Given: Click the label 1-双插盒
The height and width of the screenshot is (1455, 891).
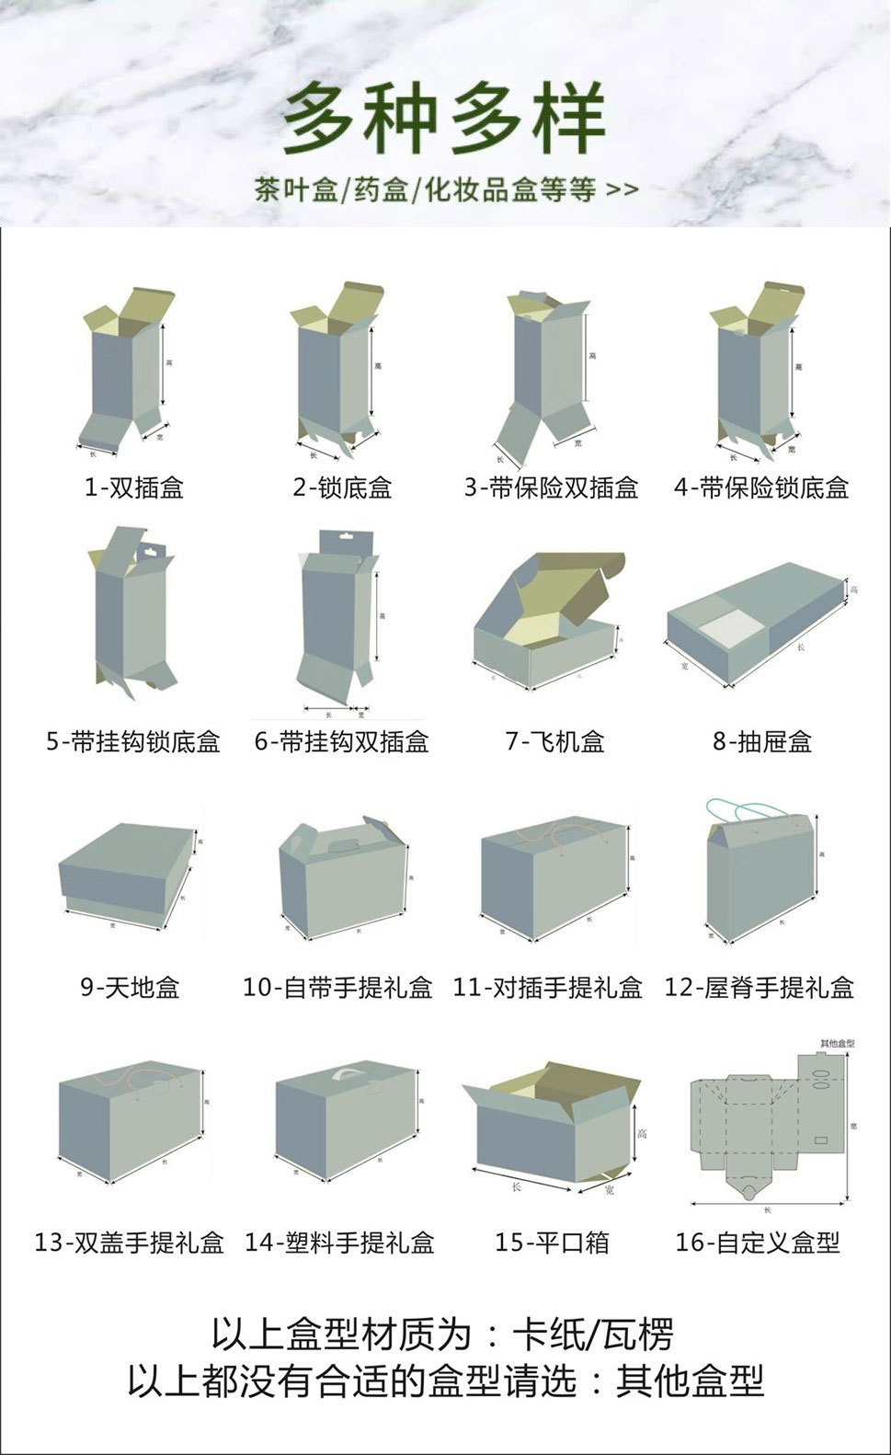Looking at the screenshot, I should point(134,487).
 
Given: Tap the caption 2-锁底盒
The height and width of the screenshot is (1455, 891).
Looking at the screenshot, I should point(342,487).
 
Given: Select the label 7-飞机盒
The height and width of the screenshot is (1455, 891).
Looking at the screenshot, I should point(554,741).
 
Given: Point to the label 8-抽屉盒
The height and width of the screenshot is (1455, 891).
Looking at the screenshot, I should point(762,741).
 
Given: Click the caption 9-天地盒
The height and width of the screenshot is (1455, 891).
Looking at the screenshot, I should point(130,989).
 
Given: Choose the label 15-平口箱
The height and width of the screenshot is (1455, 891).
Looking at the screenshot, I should point(552,1243).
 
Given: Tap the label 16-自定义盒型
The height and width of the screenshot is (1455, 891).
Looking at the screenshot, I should point(758,1243).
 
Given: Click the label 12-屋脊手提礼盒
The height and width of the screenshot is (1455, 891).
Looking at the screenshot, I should point(760,989).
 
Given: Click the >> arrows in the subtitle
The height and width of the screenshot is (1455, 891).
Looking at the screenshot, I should point(622,190).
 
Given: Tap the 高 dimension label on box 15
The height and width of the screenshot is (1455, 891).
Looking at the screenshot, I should point(642,1132).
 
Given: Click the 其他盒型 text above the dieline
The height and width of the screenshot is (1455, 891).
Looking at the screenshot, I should point(837,1044).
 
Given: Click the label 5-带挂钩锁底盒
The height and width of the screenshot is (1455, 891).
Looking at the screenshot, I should point(133,741).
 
